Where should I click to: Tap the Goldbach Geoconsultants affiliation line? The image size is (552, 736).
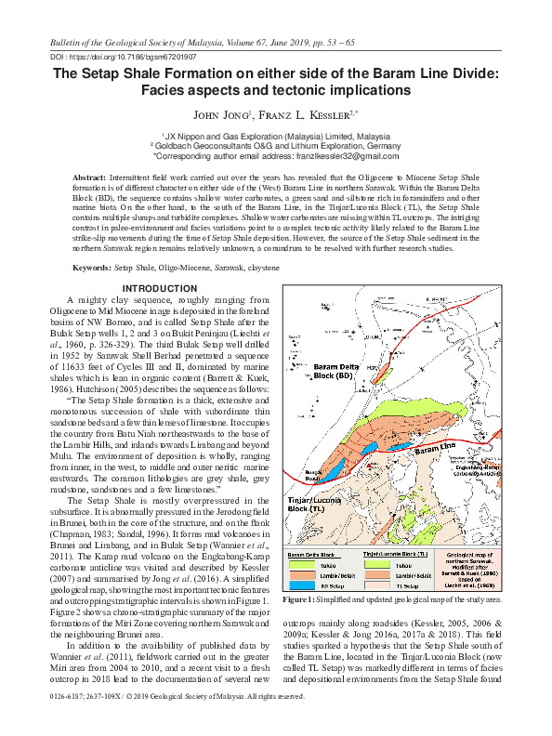coord(276,146)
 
